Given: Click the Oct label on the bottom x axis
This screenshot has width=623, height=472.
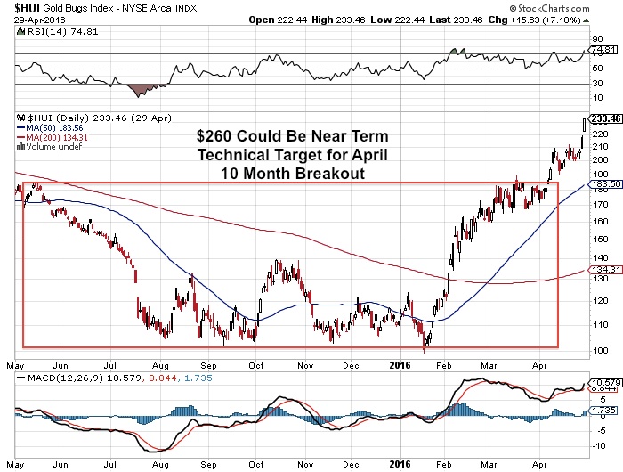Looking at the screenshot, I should click(x=257, y=465).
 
